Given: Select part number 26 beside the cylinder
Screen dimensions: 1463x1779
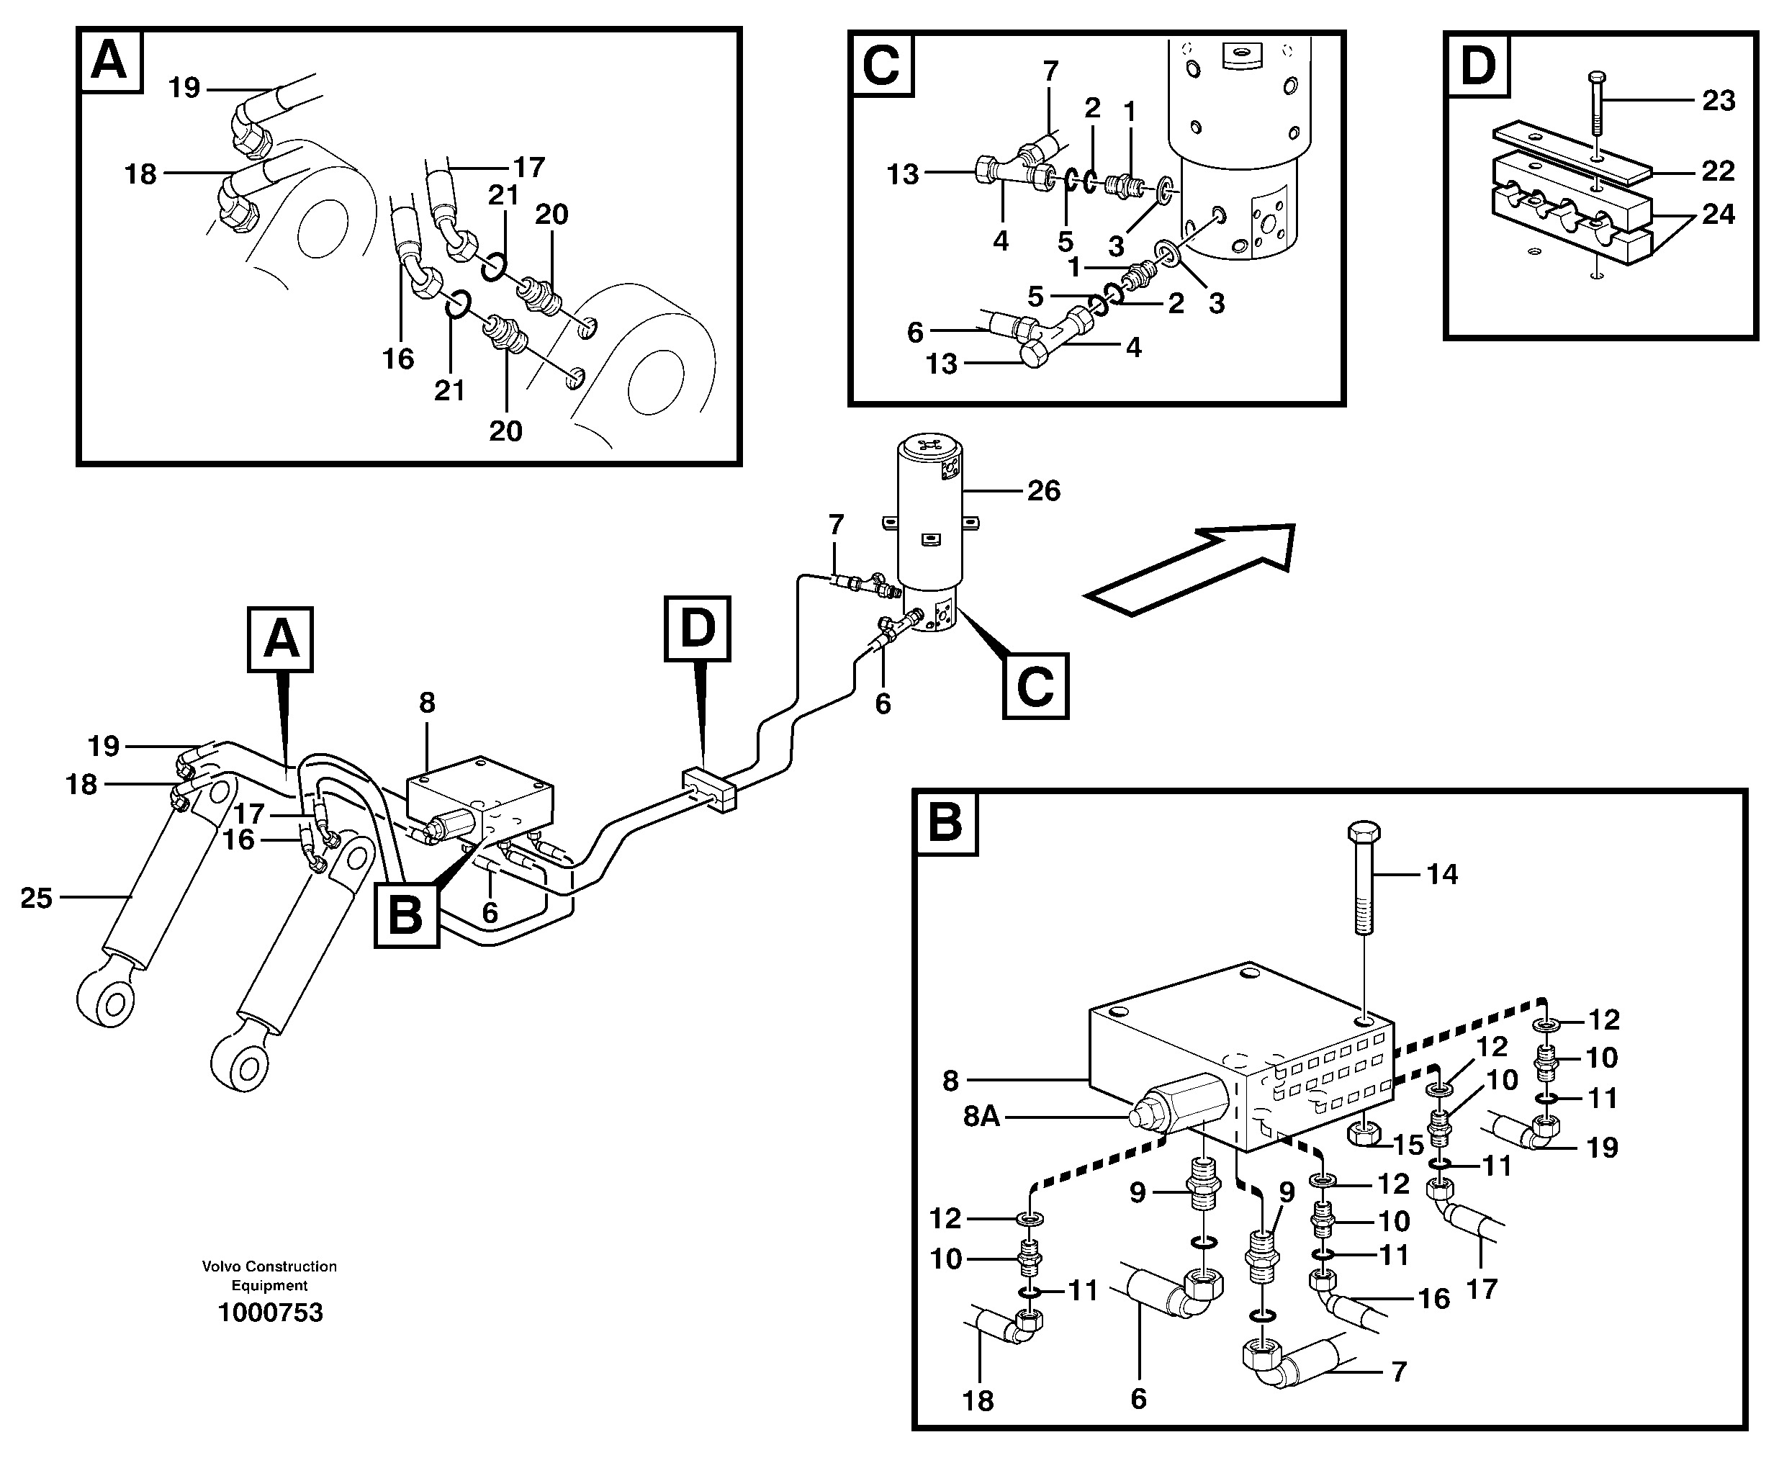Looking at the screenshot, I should pos(1043,490).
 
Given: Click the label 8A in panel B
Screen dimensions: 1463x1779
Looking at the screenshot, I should pos(981,1117).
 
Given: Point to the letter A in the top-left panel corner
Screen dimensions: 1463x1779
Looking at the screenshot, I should pos(109,60).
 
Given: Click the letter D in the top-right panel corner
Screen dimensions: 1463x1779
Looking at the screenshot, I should pos(1477,65).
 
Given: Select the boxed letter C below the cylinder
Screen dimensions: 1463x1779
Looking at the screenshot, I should pos(1035,686).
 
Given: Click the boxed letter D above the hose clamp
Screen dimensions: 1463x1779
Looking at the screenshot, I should pos(697,629).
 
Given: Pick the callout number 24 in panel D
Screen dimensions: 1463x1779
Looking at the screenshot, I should pos(1719,214).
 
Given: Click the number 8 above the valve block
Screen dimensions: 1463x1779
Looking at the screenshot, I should pos(427,702).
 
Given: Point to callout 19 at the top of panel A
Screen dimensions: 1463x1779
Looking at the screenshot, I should pos(184,88).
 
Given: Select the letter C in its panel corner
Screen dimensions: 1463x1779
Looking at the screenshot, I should pos(881,65).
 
